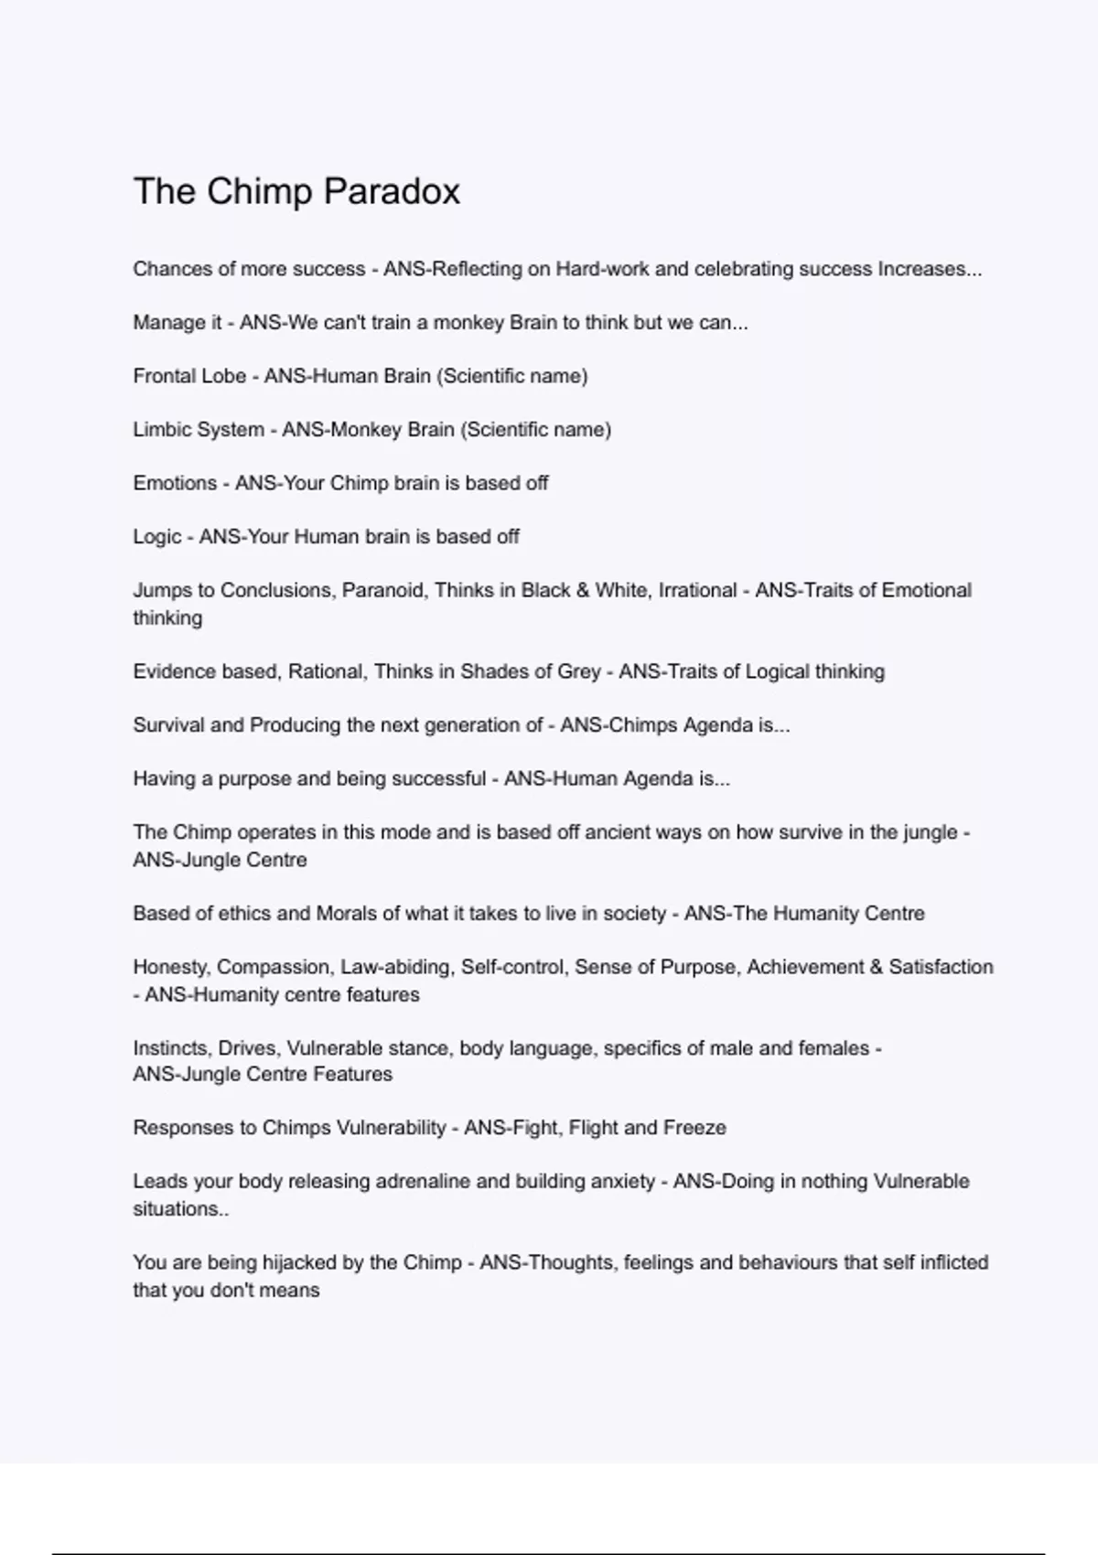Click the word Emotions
click(x=175, y=483)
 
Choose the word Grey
click(x=579, y=671)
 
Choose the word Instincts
click(x=170, y=1048)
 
